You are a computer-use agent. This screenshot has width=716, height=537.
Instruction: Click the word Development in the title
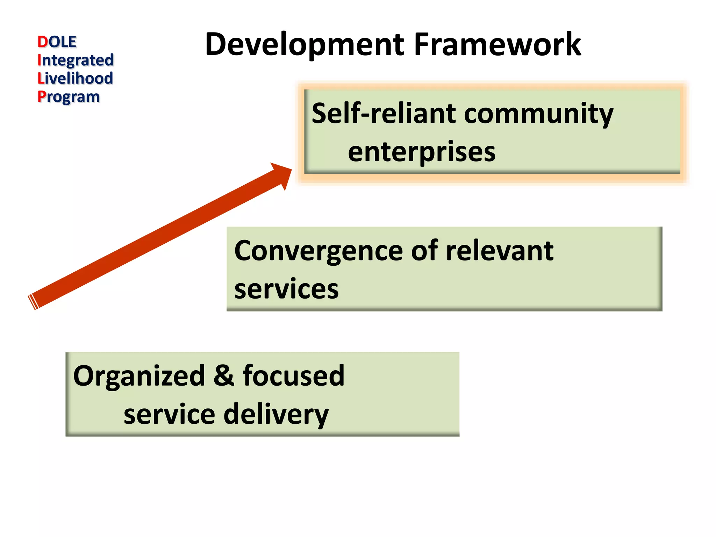tap(304, 45)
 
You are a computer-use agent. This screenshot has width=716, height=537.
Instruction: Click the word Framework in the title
tap(497, 45)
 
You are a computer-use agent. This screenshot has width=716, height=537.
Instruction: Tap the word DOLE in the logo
tap(57, 42)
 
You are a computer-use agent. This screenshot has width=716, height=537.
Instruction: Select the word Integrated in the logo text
tap(76, 60)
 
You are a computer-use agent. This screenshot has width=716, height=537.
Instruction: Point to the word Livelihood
tap(76, 78)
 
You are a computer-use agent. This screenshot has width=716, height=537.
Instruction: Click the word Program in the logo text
tap(69, 97)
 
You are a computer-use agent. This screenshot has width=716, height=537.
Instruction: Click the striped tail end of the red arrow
tap(34, 302)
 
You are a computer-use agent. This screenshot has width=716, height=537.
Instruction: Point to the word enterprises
tap(422, 152)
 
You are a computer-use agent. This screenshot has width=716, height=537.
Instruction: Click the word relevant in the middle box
tap(500, 251)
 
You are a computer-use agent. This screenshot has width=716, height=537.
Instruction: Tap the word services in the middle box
tap(286, 289)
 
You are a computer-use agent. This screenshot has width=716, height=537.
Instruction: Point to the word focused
tap(293, 375)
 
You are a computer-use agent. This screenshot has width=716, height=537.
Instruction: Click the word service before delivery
tap(169, 415)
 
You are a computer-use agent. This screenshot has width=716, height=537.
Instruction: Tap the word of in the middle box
tap(424, 251)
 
